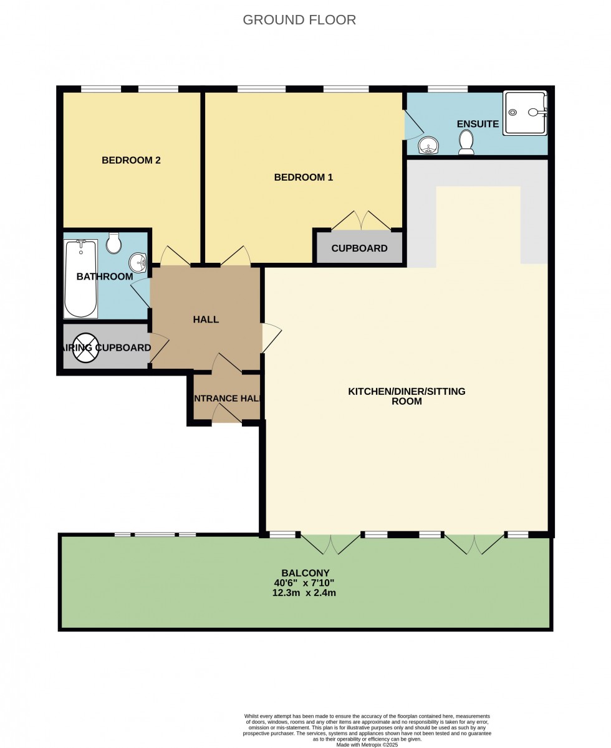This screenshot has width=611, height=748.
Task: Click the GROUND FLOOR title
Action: point(299,20)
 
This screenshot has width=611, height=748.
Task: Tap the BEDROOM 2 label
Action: point(131,160)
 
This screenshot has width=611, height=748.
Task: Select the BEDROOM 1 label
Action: point(304,178)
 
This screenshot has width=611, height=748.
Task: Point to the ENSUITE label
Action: point(478,124)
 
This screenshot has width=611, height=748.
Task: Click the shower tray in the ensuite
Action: point(525,113)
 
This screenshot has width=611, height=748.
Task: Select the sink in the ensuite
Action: point(429,146)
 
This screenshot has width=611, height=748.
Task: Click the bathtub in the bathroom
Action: point(80,278)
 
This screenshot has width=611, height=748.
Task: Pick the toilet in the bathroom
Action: point(113,243)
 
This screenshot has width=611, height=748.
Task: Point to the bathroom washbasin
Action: point(138,262)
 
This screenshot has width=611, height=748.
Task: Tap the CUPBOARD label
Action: point(359,249)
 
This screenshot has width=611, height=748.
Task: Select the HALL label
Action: point(206,320)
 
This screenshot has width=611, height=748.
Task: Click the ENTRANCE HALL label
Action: point(227,399)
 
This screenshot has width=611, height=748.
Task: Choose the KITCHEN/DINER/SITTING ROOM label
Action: point(407,396)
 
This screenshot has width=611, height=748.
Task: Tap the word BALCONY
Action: point(305,573)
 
